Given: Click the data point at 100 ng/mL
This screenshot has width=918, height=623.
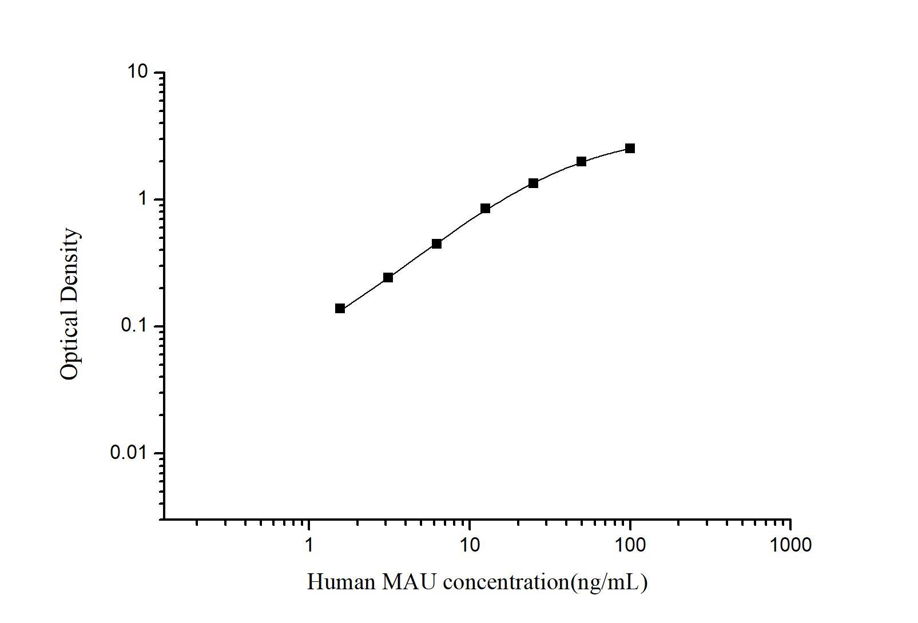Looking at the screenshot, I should point(630,149).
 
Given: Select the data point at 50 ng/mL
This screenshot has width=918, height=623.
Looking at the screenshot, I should point(581,162).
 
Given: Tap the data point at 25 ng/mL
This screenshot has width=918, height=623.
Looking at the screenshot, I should point(533,183).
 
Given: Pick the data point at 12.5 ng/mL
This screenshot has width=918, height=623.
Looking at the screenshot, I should point(485,209).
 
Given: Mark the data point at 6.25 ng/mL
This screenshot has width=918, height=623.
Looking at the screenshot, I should point(436,243).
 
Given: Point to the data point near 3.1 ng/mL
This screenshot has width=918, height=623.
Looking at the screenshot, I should point(388,278).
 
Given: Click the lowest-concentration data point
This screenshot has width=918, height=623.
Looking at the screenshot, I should point(340,309).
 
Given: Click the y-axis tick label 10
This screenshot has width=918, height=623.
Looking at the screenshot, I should point(138,73).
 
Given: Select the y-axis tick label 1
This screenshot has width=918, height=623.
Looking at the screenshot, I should point(142,199).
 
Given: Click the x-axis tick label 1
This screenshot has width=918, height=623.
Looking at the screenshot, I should point(309,545).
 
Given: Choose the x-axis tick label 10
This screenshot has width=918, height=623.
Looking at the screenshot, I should point(470,545).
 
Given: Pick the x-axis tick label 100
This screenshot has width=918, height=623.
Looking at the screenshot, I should point(630,545).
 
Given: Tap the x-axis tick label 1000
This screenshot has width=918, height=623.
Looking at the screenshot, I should point(790,545).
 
